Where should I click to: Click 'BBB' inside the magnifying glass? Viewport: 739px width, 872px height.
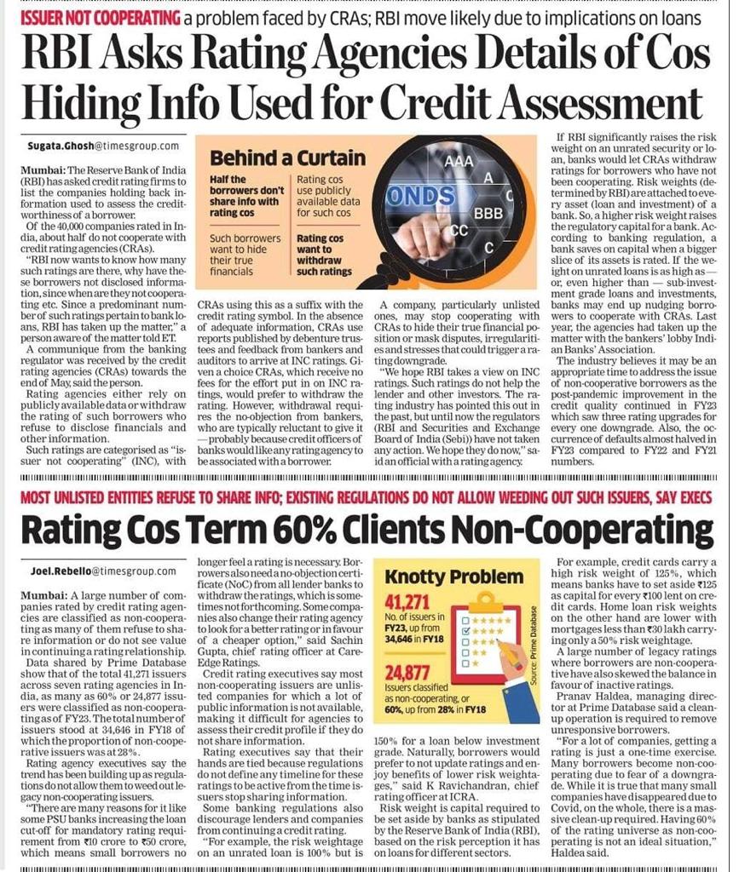pyautogui.click(x=488, y=213)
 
